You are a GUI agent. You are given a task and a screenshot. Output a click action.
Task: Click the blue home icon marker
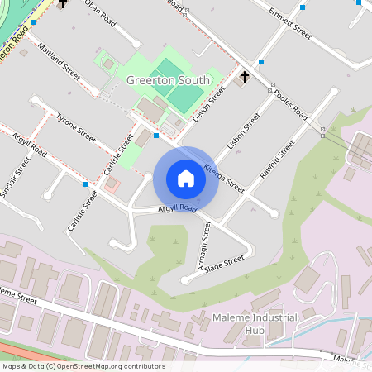pyautogui.click(x=185, y=179)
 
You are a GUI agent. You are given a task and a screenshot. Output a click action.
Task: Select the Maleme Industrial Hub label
pyautogui.click(x=284, y=325)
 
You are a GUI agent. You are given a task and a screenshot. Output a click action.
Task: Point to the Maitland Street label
pyautogui.click(x=58, y=62)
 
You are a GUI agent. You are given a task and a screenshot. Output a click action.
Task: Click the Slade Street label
pyautogui.click(x=224, y=262)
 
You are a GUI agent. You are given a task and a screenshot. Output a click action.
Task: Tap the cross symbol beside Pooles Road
pyautogui.click(x=244, y=78)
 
